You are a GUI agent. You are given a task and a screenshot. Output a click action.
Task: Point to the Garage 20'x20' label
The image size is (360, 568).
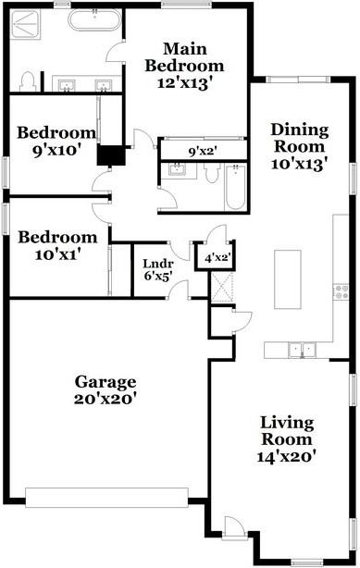(106, 389)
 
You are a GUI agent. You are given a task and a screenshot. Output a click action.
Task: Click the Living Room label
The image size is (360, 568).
(286, 438)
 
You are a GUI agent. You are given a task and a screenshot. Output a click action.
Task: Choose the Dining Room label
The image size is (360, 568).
(299, 146)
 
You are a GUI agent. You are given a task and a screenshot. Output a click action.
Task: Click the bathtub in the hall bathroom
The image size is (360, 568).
(233, 186)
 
